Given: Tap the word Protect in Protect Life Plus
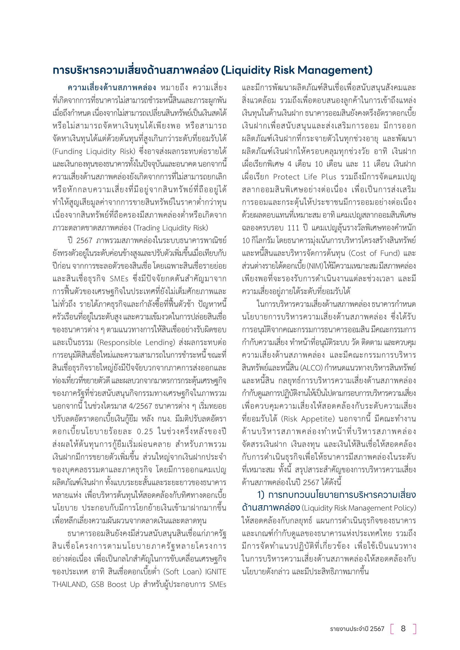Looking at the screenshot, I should click(x=286, y=177).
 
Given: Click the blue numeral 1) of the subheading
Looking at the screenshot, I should click(x=261, y=495).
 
